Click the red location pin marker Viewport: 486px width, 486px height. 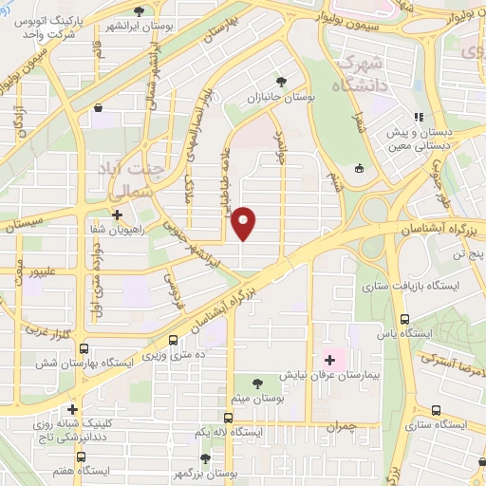(244, 223)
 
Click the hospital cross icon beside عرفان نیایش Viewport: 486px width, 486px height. (329, 360)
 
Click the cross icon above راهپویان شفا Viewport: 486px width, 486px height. (118, 215)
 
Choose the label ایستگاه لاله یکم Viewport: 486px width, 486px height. (226, 433)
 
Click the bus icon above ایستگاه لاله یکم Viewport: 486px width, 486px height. (227, 418)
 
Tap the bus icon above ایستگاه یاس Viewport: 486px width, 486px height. (405, 319)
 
